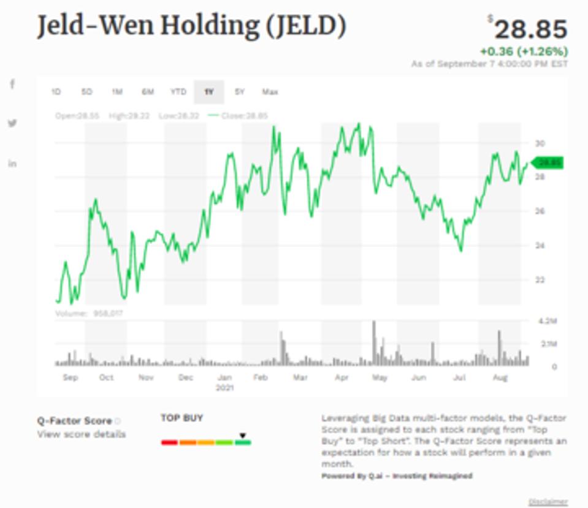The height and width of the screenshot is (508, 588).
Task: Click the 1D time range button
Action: [56, 92]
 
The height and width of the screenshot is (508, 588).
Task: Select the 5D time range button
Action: [86, 92]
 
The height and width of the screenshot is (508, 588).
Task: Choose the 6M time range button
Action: [148, 92]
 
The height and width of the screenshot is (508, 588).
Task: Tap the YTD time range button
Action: [178, 92]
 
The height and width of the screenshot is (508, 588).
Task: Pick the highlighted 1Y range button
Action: [209, 92]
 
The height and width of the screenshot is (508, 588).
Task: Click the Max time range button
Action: [270, 92]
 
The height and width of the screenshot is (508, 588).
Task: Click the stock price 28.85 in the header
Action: [530, 29]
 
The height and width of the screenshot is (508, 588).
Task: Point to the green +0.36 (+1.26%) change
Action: [524, 51]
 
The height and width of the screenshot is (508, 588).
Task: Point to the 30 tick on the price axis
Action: [540, 143]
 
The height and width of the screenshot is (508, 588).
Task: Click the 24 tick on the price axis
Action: [540, 246]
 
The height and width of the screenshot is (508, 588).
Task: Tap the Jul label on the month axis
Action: [459, 377]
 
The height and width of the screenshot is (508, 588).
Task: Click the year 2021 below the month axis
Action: [225, 388]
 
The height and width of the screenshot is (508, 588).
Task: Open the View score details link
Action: [82, 434]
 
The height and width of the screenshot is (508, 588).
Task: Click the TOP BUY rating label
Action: [181, 418]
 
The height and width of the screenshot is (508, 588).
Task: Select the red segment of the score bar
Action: [169, 442]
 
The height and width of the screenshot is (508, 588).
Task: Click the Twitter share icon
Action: [12, 123]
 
